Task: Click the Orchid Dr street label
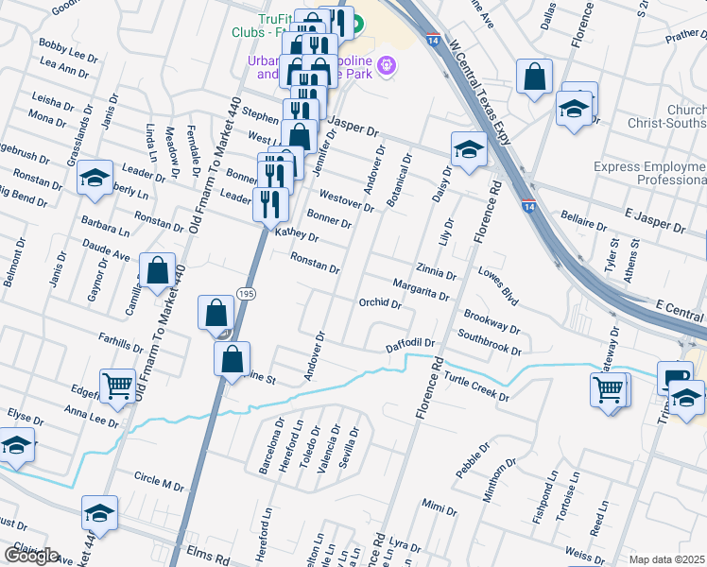click(x=381, y=304)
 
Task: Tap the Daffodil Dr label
click(x=409, y=344)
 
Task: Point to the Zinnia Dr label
click(x=436, y=271)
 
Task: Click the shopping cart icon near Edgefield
click(x=117, y=386)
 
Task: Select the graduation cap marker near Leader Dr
click(x=94, y=179)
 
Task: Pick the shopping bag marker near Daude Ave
click(x=157, y=271)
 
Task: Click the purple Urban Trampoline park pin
click(x=385, y=66)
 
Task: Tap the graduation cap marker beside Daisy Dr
click(x=468, y=148)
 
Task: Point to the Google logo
click(x=31, y=556)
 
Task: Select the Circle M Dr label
click(x=158, y=482)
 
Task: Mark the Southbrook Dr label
click(x=489, y=342)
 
